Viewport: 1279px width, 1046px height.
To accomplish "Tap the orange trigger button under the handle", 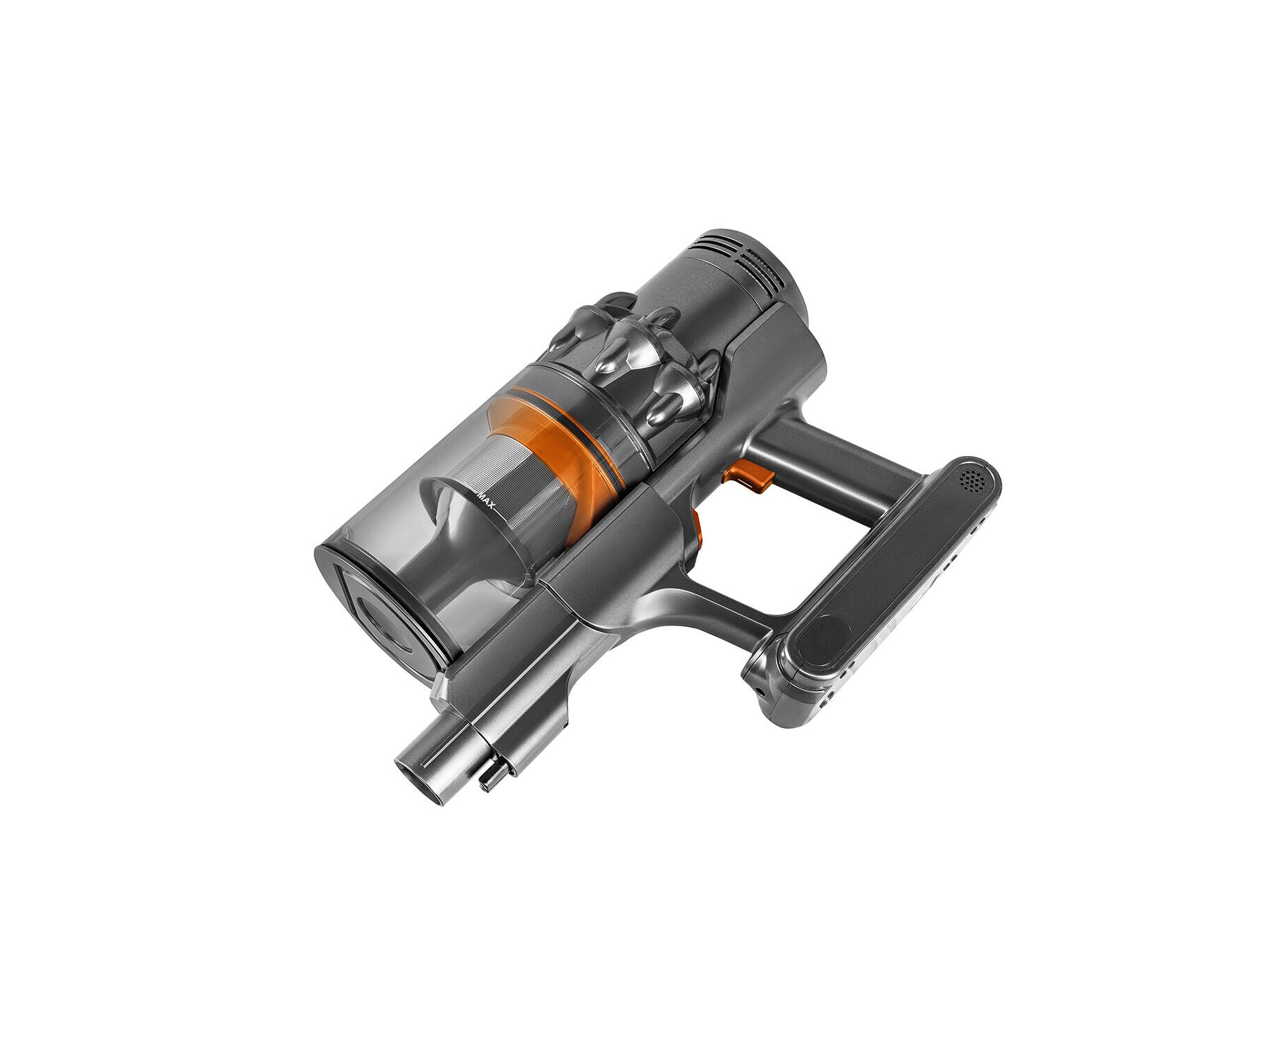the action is tap(748, 477).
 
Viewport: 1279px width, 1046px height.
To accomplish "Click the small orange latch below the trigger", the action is tap(697, 530).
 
